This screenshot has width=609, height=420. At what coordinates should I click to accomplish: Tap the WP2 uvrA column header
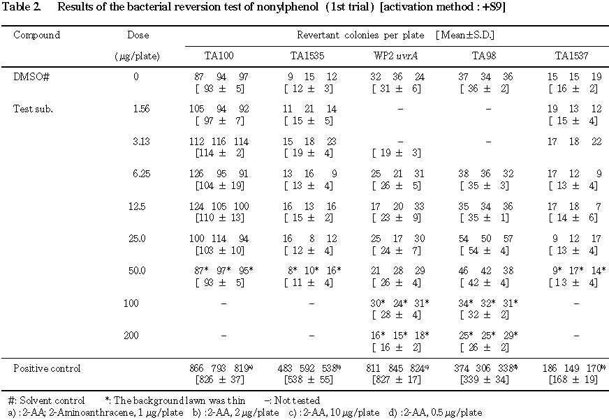coord(398,57)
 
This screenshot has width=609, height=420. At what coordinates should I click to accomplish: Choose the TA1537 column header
coord(573,57)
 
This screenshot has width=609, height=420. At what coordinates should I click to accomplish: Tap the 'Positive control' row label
coord(46,368)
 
